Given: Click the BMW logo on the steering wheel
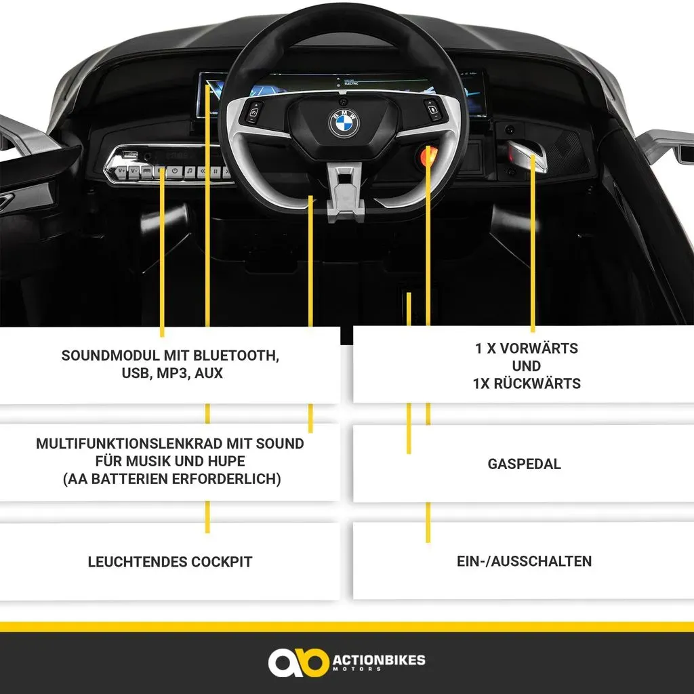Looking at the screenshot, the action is coord(344,123).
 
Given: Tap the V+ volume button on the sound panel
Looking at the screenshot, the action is coord(121,171).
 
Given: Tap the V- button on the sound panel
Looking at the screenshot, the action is coord(134,171).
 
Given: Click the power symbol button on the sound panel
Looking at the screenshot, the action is coord(175,171).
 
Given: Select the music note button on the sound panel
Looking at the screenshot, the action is coord(190,171).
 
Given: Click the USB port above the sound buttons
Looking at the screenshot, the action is coord(130,155).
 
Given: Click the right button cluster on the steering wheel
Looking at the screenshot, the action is coord(432,110).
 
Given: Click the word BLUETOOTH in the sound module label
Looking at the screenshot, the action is coord(236,355).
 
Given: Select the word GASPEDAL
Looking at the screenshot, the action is coord(524,464).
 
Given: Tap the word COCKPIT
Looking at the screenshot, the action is coord(222,562).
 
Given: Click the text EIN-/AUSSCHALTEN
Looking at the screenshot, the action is coord(524,561).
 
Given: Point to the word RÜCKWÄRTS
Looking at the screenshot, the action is coord(537,384).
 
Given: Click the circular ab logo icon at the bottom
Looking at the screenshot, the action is coord(298,663).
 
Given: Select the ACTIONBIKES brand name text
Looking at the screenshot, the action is coord(379,660).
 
